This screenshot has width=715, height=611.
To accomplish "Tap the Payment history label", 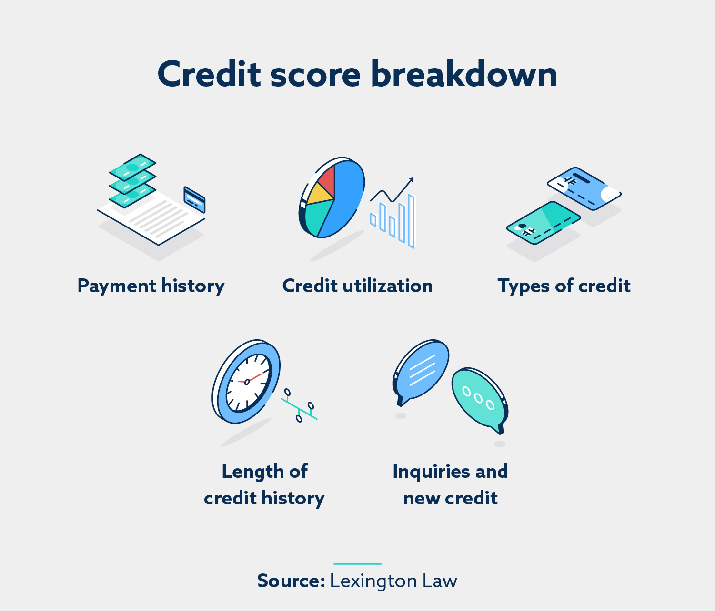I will (151, 286).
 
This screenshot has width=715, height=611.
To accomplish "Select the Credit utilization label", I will (357, 286).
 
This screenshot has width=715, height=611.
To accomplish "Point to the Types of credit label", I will (564, 286).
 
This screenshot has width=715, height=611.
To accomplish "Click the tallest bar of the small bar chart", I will (411, 221).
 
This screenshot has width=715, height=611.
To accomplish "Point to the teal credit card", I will (543, 223).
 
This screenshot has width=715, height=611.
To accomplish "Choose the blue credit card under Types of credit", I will (584, 188).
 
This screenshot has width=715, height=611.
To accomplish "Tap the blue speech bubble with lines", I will (422, 369).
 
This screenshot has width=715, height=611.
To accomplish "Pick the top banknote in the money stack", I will (132, 167).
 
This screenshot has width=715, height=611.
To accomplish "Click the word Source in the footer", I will (291, 581).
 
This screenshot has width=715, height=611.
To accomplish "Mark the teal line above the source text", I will (357, 564).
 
